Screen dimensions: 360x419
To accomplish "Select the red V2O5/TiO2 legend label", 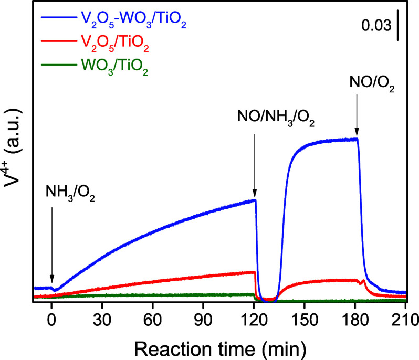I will [110, 48].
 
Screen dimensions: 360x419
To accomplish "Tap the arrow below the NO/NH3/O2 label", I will [255, 163].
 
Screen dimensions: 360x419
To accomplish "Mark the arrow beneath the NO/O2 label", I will [357, 118].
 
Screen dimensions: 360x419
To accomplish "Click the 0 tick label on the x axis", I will [51, 319].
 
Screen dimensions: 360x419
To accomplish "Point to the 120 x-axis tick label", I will [254, 319].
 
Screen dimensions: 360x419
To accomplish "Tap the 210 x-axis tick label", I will [405, 319].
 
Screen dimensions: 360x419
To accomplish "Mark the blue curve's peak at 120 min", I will [255, 200].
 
